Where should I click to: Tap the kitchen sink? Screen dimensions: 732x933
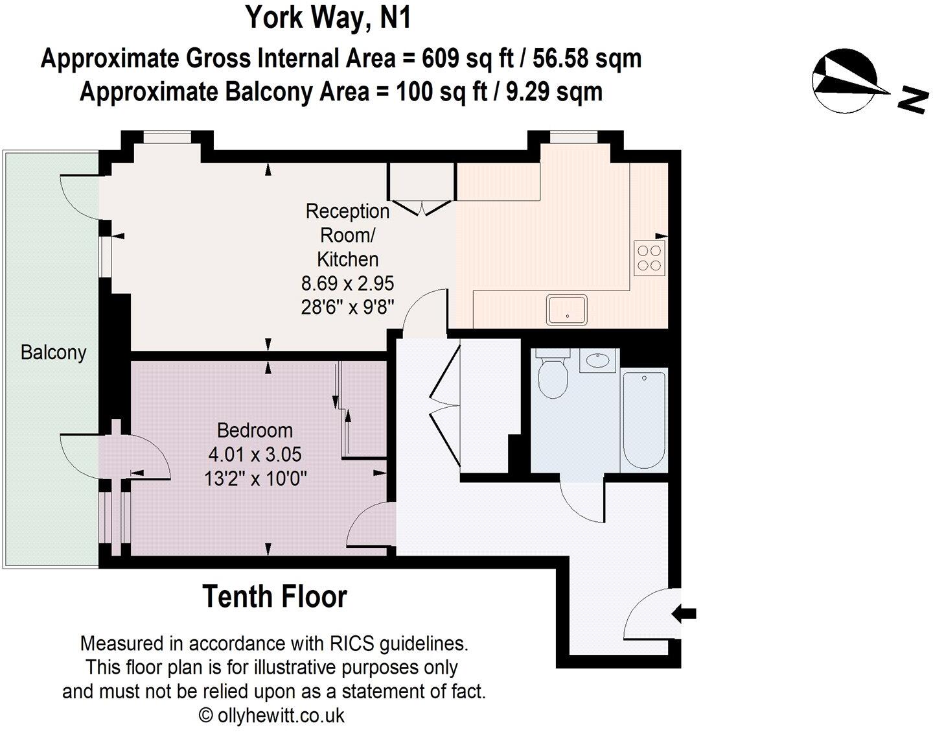pos(567,309)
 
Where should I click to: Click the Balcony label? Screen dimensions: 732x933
pos(53,353)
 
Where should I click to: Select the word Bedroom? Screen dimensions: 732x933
pos(255,431)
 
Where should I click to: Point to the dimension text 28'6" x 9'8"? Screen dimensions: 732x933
pos(347,307)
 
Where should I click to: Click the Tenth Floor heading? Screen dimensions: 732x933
pos(275,596)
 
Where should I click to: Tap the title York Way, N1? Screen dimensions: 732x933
pos(328,18)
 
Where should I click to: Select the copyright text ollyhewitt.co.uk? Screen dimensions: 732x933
pos(280,716)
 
